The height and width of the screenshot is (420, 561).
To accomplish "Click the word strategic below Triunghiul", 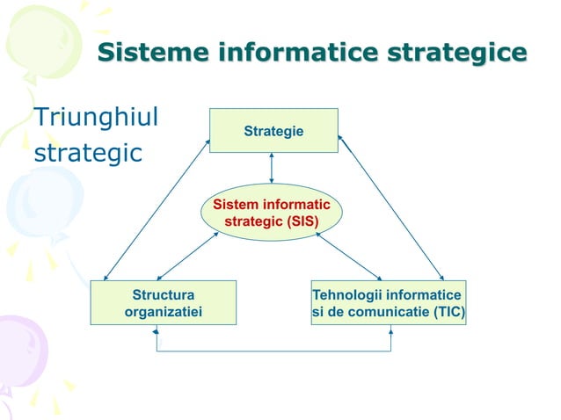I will coord(87,153).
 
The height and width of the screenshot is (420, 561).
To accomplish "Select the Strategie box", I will coord(273,130).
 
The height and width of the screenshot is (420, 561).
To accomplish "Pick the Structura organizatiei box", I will coord(163,302).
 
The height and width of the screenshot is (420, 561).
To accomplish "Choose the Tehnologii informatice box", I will coord(388,302).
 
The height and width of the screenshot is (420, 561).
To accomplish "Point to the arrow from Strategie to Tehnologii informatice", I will coord(391,207).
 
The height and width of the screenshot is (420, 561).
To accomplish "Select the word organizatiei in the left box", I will coord(163,311).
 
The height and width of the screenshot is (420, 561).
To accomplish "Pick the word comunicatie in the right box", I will coord(383,311).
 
